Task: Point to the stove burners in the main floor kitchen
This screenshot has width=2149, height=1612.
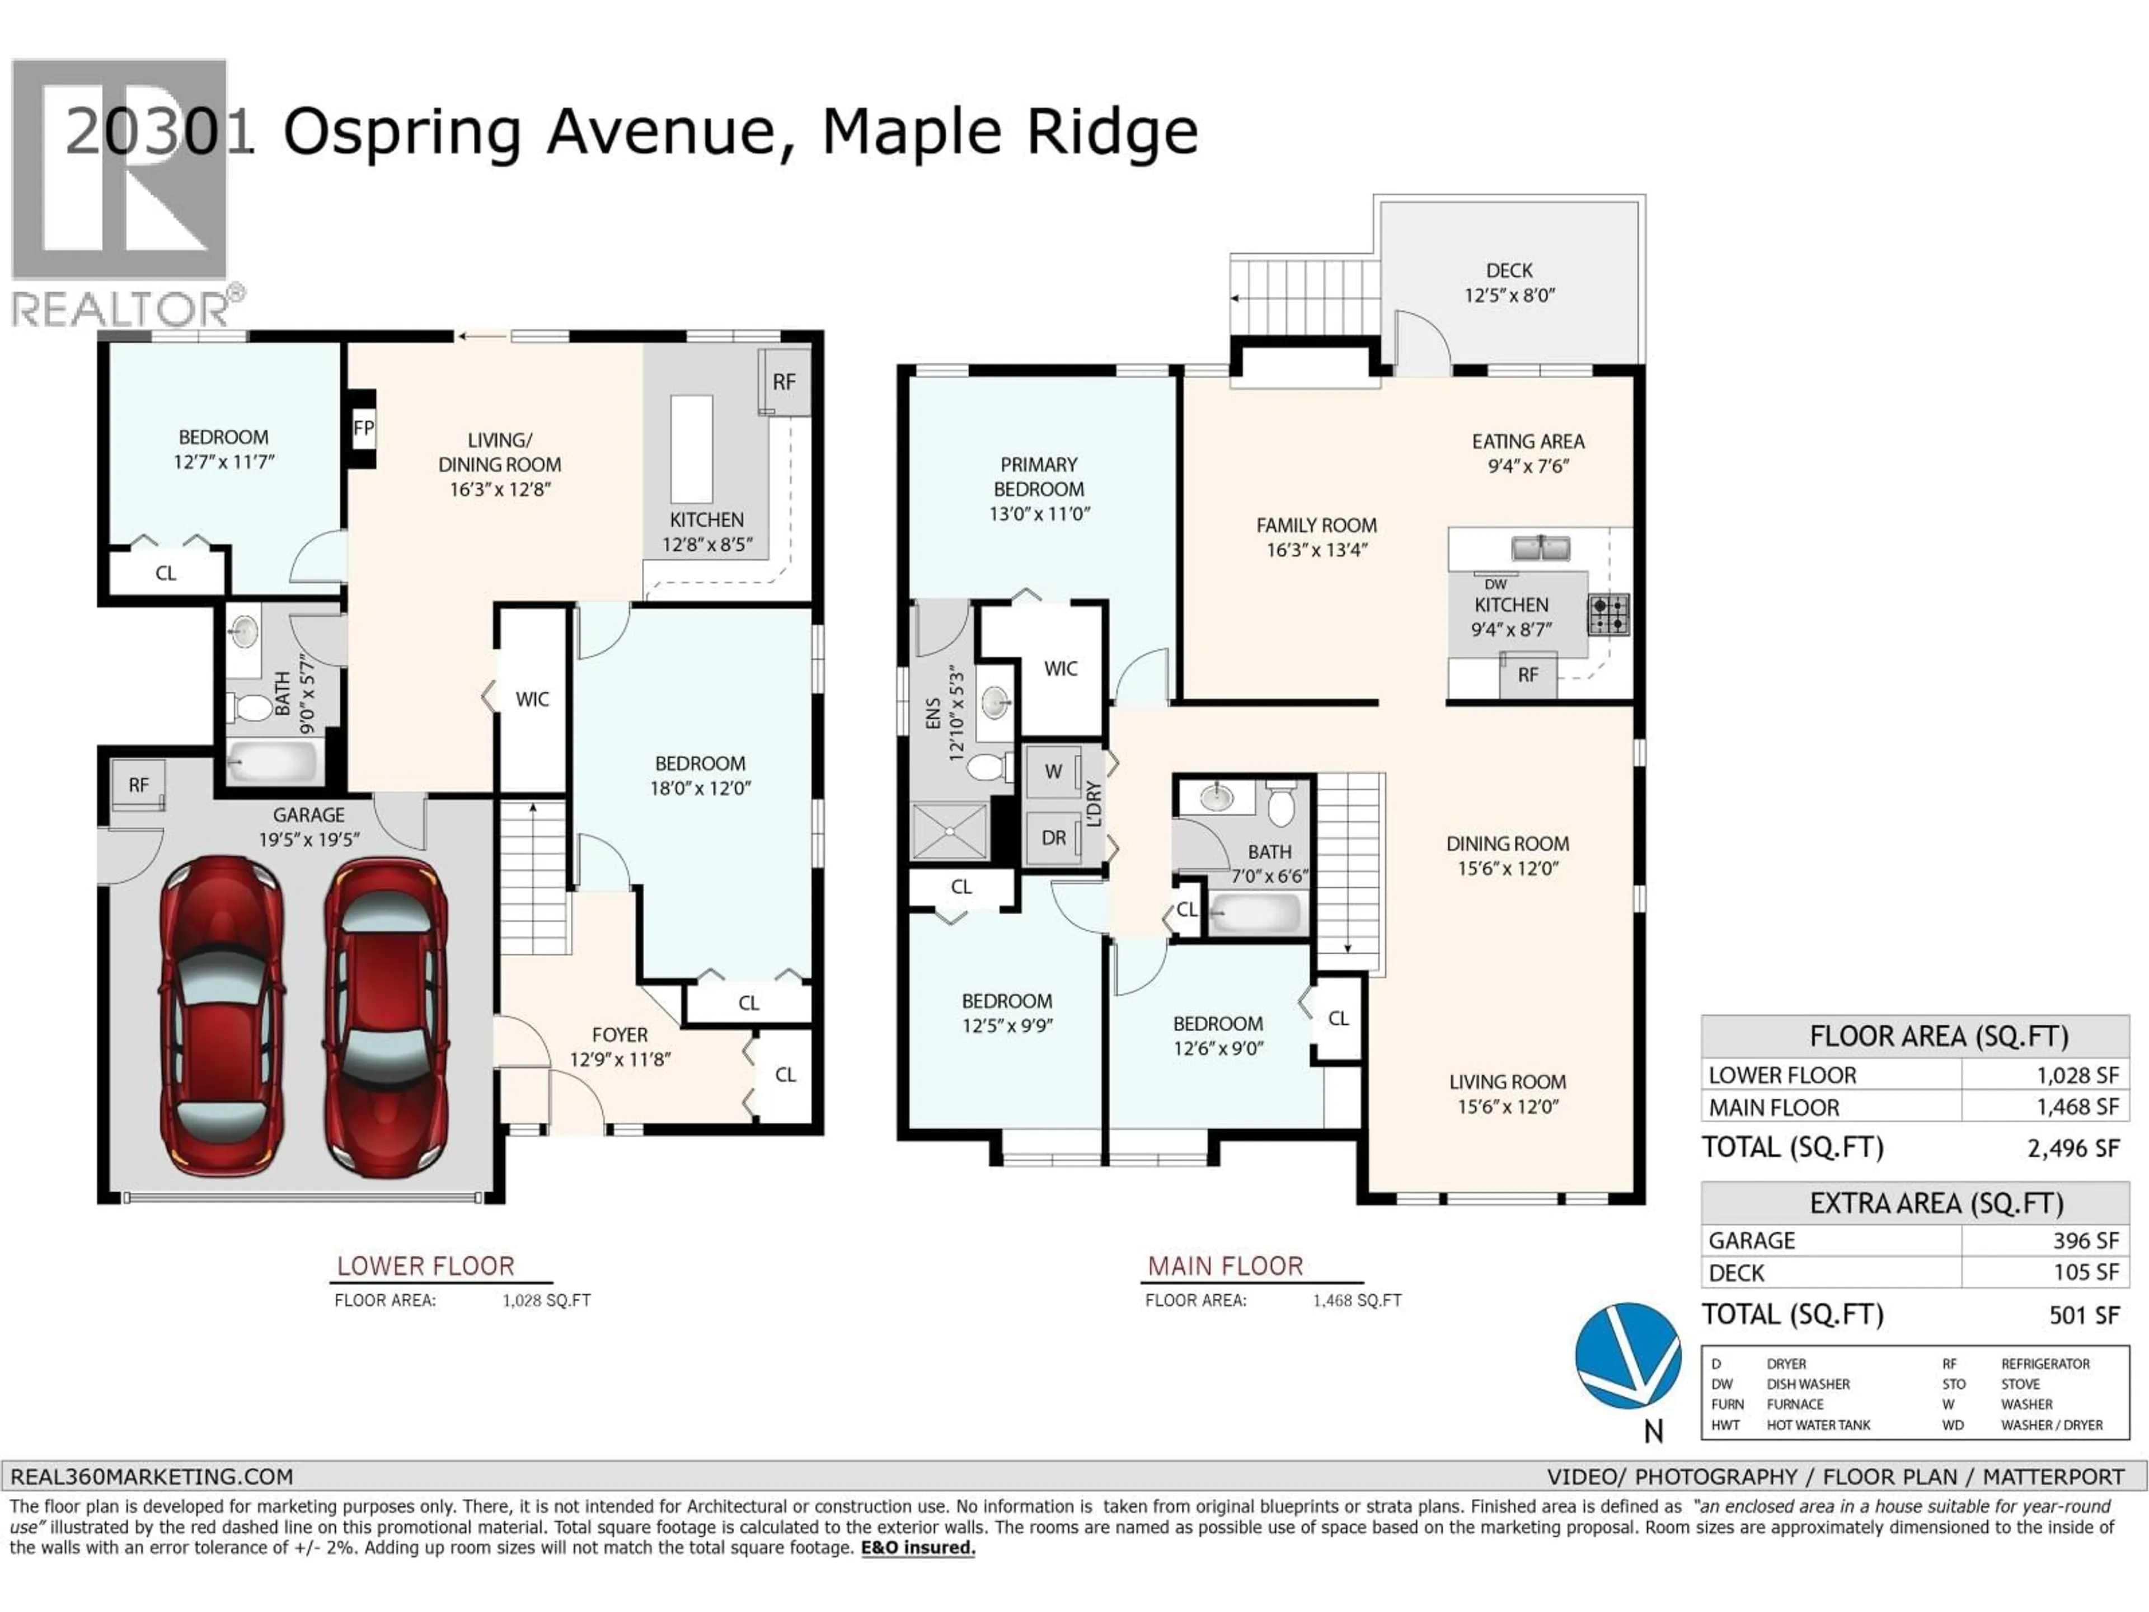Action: pyautogui.click(x=1608, y=614)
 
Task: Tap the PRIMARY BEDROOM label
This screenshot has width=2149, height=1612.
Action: pyautogui.click(x=1039, y=477)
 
